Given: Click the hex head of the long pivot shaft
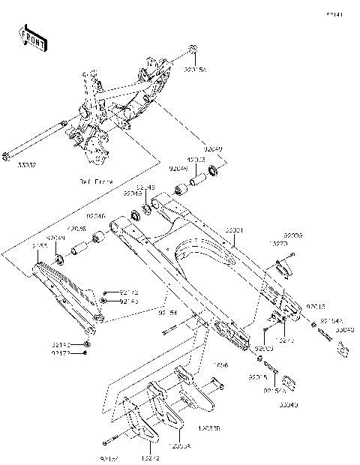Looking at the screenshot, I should pyautogui.click(x=7, y=155).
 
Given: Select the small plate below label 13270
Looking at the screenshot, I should pyautogui.click(x=282, y=265).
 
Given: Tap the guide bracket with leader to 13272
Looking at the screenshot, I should pyautogui.click(x=135, y=424).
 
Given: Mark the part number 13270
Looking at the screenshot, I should pyautogui.click(x=277, y=244).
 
